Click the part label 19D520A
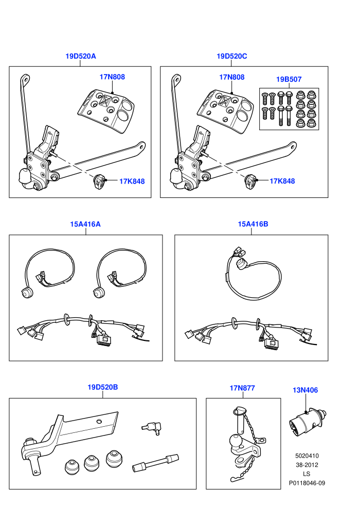(x=81, y=56)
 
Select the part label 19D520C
(x=232, y=56)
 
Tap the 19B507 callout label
(x=289, y=79)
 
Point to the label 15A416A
(x=85, y=224)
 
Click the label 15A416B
(x=253, y=224)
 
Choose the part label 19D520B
(x=102, y=387)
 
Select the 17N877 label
(x=242, y=388)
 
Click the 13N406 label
(x=305, y=390)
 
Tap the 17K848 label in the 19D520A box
(x=132, y=181)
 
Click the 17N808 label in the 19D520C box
(x=232, y=77)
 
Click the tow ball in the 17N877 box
(x=235, y=441)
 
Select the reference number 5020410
(x=307, y=456)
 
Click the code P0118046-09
(x=307, y=483)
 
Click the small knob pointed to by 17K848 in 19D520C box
(x=250, y=180)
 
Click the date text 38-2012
(x=307, y=465)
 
